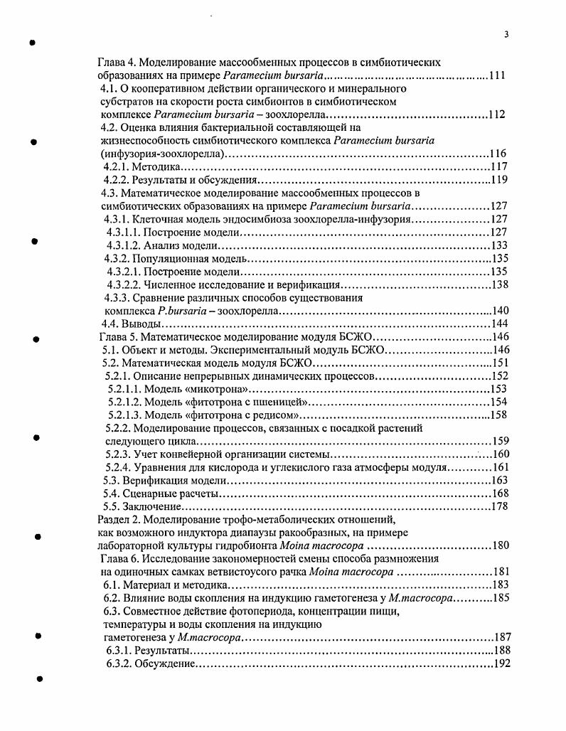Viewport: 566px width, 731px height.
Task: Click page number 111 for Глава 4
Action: coord(498,75)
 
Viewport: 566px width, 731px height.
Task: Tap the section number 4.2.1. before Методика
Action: coord(117,166)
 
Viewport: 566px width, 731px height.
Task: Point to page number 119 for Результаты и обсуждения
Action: coord(498,179)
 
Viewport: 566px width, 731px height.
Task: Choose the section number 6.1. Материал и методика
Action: coord(114,585)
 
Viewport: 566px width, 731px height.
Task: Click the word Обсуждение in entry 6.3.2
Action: coord(166,663)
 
